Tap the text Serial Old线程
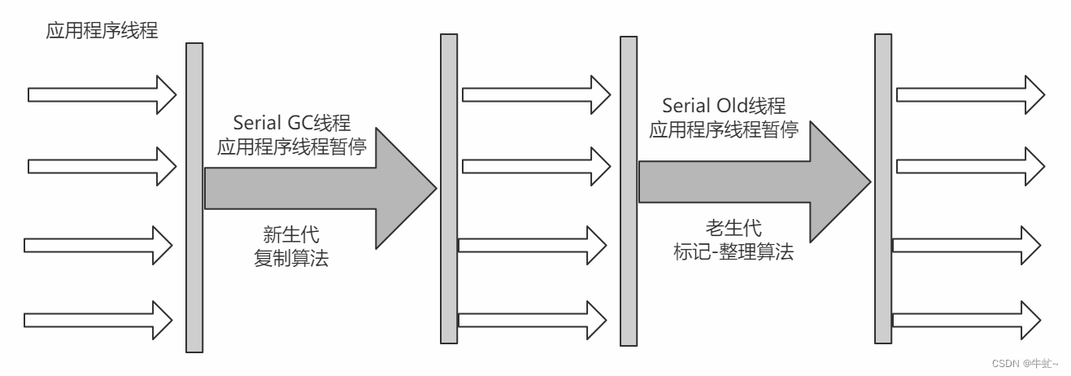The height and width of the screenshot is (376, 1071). tap(723, 106)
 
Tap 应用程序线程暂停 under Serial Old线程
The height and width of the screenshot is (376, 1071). tap(723, 129)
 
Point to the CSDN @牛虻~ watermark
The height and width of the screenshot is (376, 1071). tap(1026, 363)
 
